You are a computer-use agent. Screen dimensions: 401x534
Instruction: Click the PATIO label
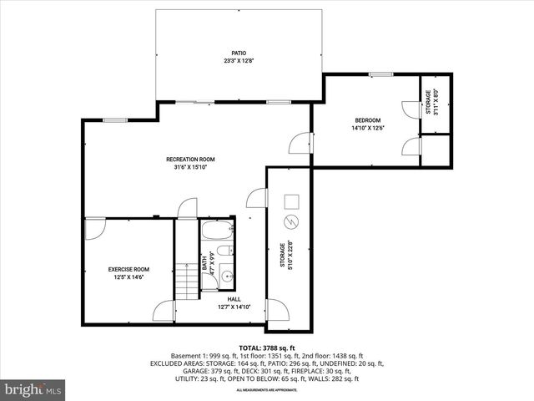(239, 53)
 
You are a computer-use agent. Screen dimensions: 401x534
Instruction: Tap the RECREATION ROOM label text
(190, 159)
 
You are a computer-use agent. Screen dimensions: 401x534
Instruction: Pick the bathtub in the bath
(216, 231)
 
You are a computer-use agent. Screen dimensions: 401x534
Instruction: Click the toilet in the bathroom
(226, 256)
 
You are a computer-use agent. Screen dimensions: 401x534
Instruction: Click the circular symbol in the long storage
(291, 221)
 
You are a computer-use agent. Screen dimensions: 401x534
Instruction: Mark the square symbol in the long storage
(291, 201)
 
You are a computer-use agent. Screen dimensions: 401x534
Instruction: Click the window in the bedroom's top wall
(381, 75)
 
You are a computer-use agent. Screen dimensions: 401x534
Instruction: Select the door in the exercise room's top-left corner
(94, 228)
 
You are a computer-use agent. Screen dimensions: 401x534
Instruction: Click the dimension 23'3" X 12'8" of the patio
(239, 61)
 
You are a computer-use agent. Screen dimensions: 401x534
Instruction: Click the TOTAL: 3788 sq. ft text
(267, 347)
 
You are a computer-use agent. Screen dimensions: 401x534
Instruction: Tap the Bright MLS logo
(33, 389)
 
